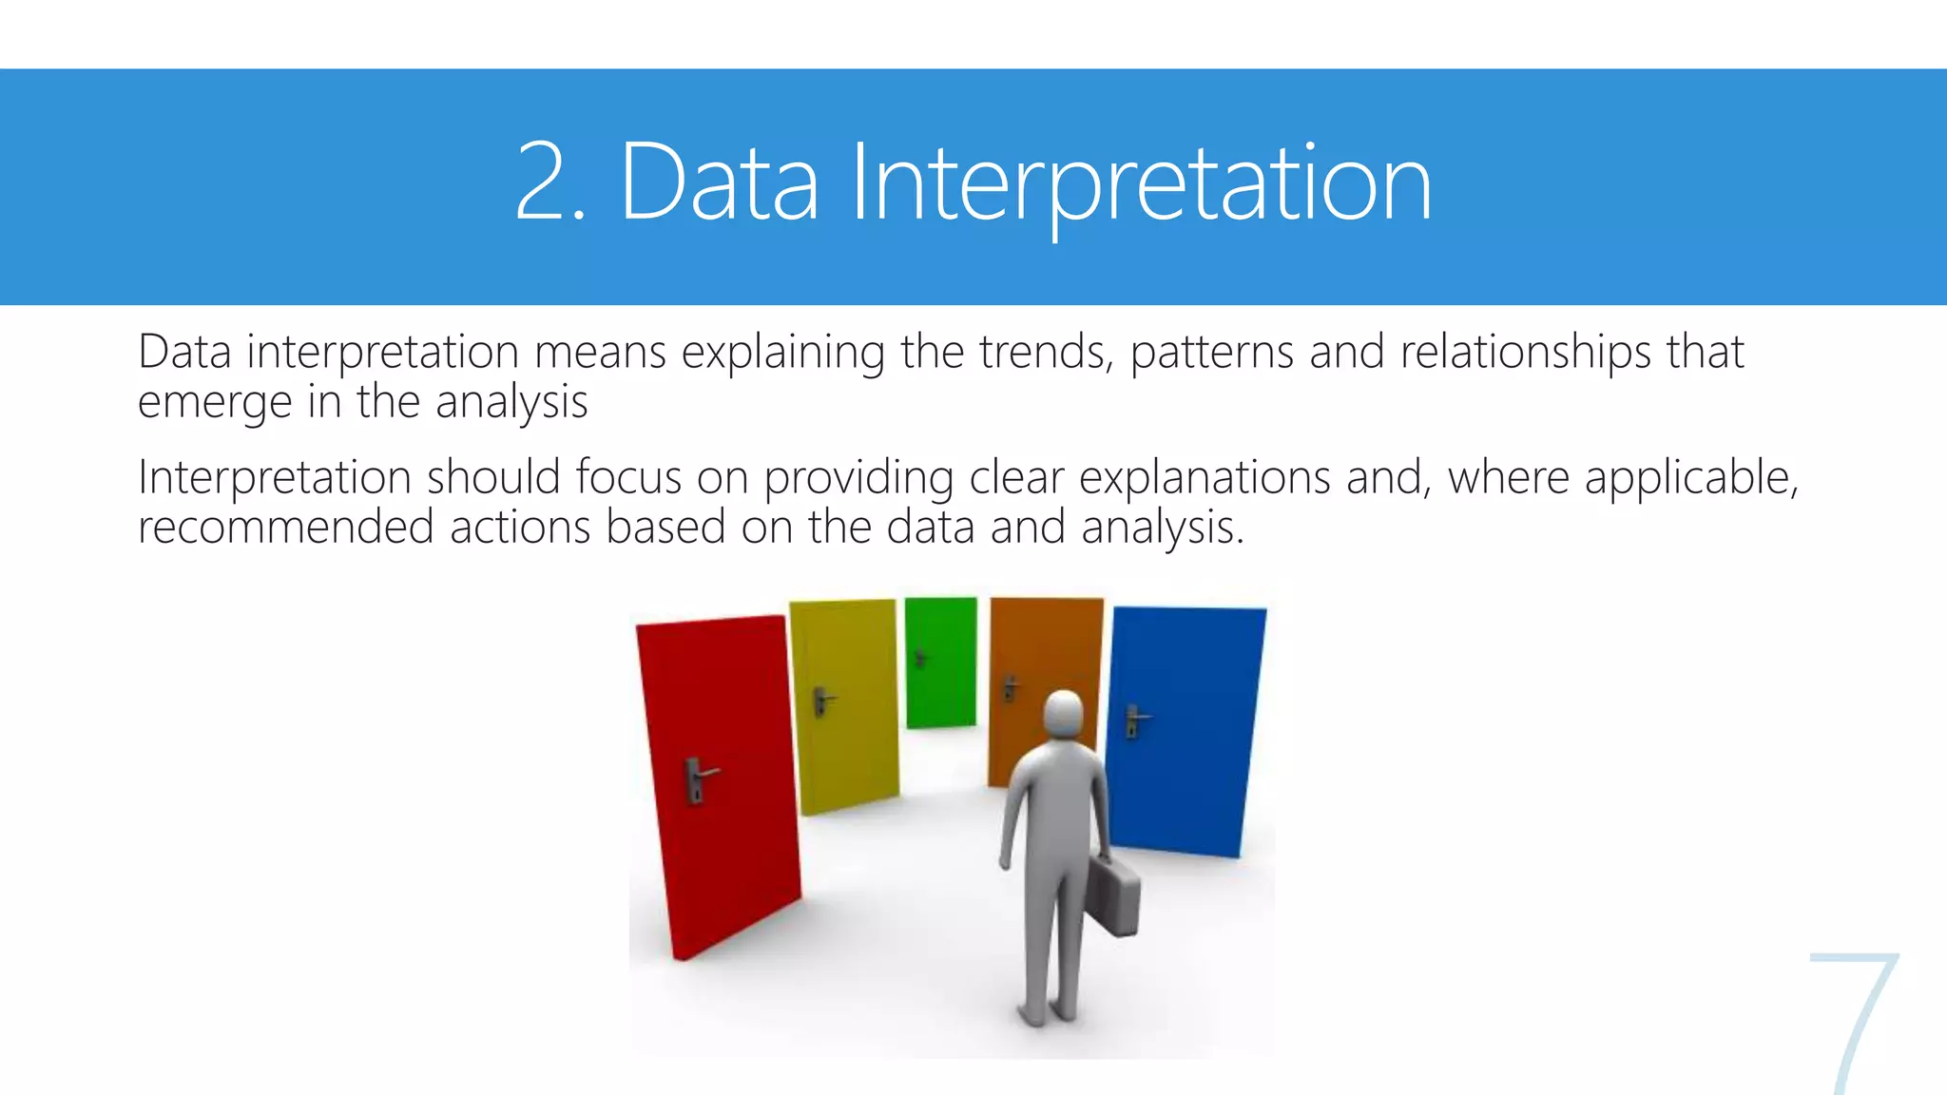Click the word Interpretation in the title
1141,182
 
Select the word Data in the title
719,182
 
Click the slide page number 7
1854,1022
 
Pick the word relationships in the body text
1526,352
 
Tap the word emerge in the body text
214,403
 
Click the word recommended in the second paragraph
285,528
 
